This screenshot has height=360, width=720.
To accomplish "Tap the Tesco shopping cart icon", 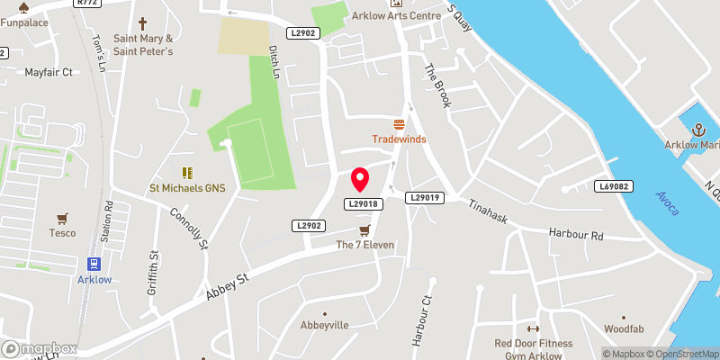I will coord(62,218).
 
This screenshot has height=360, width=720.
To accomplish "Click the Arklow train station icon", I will coord(93,264).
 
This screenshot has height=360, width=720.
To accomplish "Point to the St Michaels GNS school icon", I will coord(188,172).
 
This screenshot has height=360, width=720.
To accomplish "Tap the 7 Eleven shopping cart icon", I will coord(364,230).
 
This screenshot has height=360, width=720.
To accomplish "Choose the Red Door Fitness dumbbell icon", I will coord(532,329).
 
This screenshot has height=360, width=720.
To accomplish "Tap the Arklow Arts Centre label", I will coord(415,16).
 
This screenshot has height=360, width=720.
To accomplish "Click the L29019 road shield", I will coord(427,197).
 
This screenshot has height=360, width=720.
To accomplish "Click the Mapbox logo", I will coord(39,348).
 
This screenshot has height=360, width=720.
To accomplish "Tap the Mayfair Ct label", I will coord(48,72).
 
